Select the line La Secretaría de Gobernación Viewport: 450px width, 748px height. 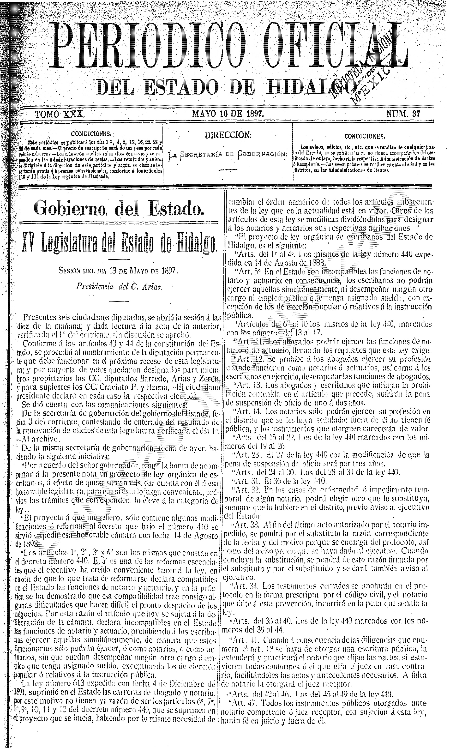pyautogui.click(x=228, y=154)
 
